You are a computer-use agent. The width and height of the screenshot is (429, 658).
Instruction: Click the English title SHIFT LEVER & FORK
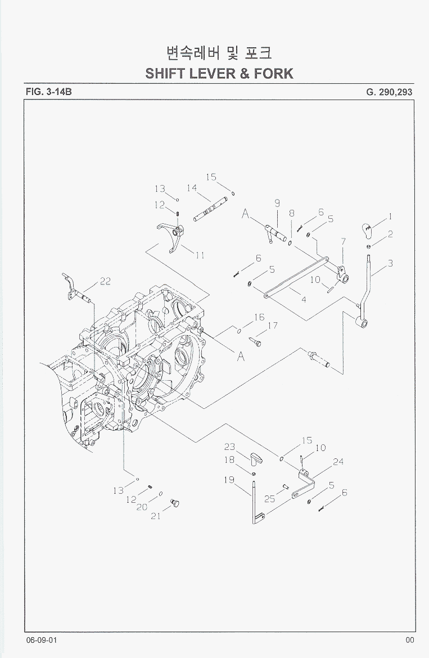coord(219,73)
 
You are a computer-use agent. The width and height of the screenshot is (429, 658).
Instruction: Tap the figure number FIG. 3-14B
coord(48,91)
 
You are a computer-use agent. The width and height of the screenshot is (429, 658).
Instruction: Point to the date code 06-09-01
coord(41,641)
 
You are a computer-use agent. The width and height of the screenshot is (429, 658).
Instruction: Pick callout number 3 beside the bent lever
coord(390,263)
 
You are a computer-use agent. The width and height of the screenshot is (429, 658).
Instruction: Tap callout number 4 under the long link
coord(304,300)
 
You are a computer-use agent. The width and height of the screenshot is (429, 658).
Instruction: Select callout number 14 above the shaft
coord(192,188)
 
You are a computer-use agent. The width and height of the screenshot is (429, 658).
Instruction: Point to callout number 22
coord(105,282)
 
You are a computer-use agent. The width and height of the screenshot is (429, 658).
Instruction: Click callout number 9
coord(277,203)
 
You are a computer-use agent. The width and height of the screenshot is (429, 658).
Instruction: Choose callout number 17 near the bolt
coord(272,326)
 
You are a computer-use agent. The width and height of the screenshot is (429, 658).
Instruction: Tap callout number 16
coord(259,318)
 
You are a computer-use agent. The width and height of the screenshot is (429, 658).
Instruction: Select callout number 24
coord(338,462)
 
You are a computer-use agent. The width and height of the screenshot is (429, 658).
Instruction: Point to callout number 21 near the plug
coord(156,516)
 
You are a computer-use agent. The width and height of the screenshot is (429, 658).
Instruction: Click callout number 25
coord(269,499)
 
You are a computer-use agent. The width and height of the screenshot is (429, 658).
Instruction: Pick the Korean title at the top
coord(219,53)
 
